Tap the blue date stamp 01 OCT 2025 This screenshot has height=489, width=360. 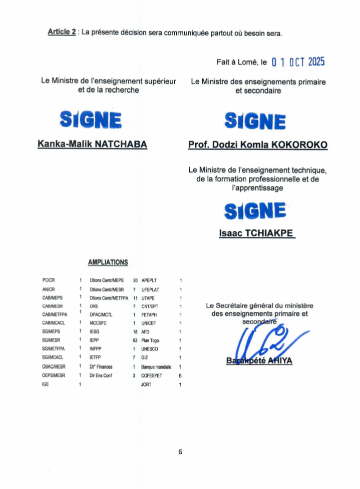click(x=298, y=62)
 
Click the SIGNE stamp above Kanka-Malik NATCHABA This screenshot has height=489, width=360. click(x=91, y=120)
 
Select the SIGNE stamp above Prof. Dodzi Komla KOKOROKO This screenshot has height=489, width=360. click(x=255, y=121)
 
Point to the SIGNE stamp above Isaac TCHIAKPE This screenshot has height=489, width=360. click(x=255, y=210)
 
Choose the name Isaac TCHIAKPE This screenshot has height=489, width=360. click(x=256, y=233)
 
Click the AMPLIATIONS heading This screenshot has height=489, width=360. click(x=108, y=262)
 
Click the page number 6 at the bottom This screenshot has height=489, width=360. click(x=180, y=452)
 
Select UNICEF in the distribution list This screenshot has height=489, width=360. click(x=149, y=323)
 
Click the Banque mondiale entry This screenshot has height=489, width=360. click(x=156, y=367)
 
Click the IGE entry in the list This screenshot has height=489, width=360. click(x=46, y=384)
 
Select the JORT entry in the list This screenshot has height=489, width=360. click(x=147, y=384)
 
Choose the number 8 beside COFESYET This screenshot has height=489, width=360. click(x=181, y=375)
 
